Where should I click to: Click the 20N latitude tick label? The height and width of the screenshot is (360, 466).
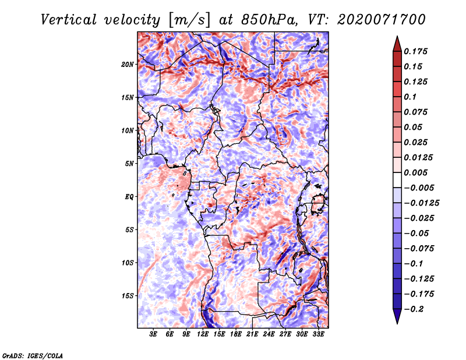pos(128,65)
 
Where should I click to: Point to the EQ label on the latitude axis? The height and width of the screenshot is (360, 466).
pos(129,197)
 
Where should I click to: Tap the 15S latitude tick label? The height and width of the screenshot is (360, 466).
pos(128,296)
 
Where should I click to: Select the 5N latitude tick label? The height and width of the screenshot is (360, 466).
pos(129,164)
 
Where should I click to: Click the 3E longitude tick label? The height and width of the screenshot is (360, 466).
pos(153,334)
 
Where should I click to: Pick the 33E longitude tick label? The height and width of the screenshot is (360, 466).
pos(318,334)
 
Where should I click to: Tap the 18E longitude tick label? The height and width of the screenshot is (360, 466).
pos(236,334)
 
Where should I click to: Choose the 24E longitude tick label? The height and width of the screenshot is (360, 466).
pos(269,334)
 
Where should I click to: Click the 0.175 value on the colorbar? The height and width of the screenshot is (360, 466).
pos(415,51)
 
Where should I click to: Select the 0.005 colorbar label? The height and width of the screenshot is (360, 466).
pos(415,172)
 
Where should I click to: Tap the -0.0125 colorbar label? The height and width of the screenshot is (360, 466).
pos(421,203)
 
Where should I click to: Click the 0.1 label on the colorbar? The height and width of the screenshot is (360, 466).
pos(410,97)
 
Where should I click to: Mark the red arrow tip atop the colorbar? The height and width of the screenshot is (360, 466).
pos(397,36)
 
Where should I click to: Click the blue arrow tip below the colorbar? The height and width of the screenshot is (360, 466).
pos(397,323)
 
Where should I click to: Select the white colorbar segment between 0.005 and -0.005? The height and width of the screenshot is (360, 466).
pos(397,180)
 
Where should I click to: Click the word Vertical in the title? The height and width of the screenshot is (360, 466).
pos(69,20)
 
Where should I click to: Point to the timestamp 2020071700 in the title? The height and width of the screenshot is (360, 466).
pos(382,20)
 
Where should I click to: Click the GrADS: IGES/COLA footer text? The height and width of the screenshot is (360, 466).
pos(33,356)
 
